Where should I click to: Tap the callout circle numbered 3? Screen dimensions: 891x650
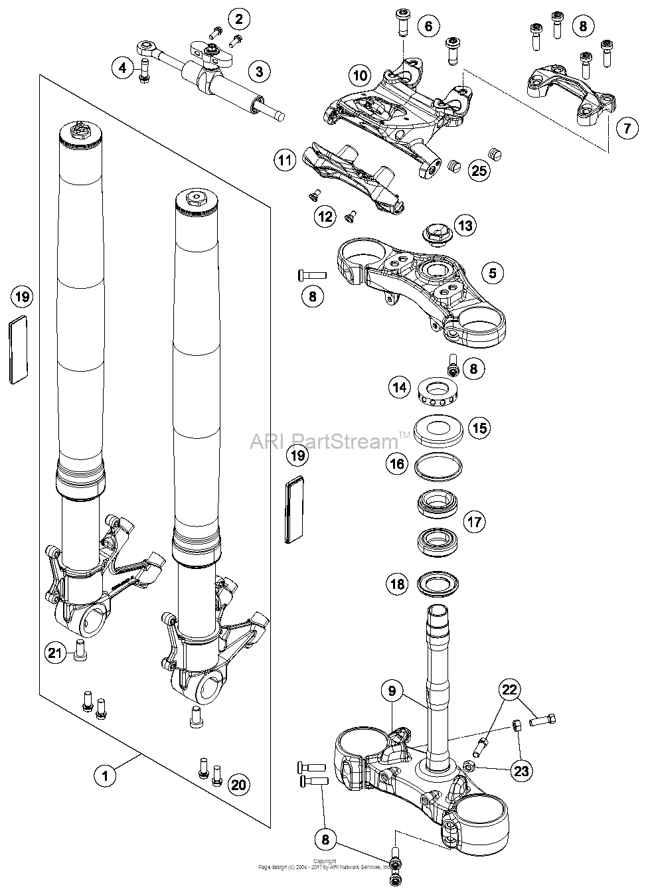(260, 71)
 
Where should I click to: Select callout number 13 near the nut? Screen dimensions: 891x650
(465, 226)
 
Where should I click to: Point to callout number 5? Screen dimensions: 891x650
(492, 272)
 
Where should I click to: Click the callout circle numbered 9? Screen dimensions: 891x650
(392, 692)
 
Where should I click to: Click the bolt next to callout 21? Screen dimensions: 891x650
(80, 651)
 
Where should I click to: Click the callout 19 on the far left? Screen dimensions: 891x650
(22, 297)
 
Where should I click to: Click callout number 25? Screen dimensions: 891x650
(479, 171)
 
